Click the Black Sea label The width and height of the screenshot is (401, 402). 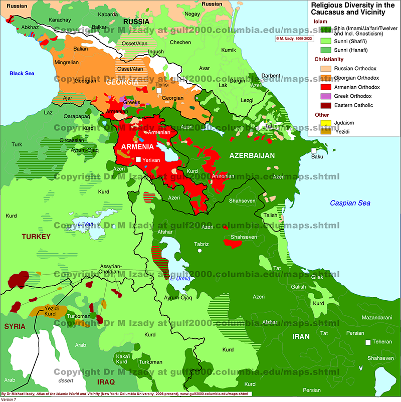[23, 74]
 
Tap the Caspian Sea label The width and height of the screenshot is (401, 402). [350, 203]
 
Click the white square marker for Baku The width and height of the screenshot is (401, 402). [313, 150]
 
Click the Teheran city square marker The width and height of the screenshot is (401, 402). [368, 342]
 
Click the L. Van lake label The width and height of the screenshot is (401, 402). [86, 224]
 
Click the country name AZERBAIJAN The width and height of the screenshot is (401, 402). [252, 156]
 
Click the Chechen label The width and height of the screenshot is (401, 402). [180, 43]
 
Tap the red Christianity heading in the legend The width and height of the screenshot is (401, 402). [329, 59]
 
